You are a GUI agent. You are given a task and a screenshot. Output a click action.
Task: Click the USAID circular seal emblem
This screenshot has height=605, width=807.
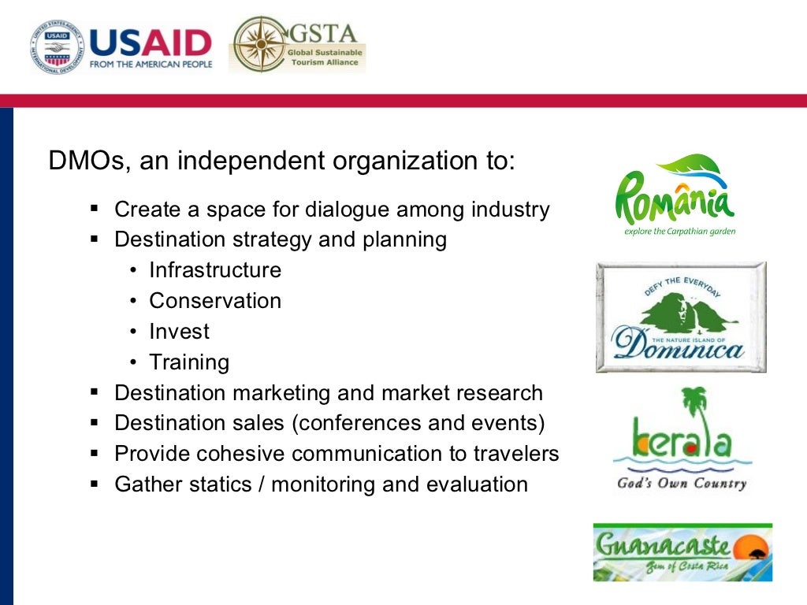click(x=57, y=46)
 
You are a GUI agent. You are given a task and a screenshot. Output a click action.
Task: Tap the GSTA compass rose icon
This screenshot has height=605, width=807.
click(x=258, y=44)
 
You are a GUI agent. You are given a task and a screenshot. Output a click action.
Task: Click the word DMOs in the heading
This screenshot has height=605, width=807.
click(x=85, y=161)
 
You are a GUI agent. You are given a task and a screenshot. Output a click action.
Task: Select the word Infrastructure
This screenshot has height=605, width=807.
click(x=215, y=270)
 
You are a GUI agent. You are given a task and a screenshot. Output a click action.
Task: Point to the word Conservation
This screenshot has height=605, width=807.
click(x=215, y=301)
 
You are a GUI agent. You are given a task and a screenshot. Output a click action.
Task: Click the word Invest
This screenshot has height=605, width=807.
click(x=180, y=332)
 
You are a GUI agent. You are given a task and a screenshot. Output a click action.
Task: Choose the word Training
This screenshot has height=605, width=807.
click(x=189, y=362)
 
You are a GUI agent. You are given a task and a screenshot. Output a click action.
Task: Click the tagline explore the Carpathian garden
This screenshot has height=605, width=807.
click(x=679, y=232)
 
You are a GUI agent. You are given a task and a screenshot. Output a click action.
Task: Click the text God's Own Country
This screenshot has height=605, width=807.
click(x=681, y=483)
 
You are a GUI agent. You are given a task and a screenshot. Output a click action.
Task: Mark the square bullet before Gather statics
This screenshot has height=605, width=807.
click(x=95, y=484)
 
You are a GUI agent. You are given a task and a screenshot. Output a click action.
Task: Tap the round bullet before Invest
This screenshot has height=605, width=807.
click(x=133, y=332)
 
